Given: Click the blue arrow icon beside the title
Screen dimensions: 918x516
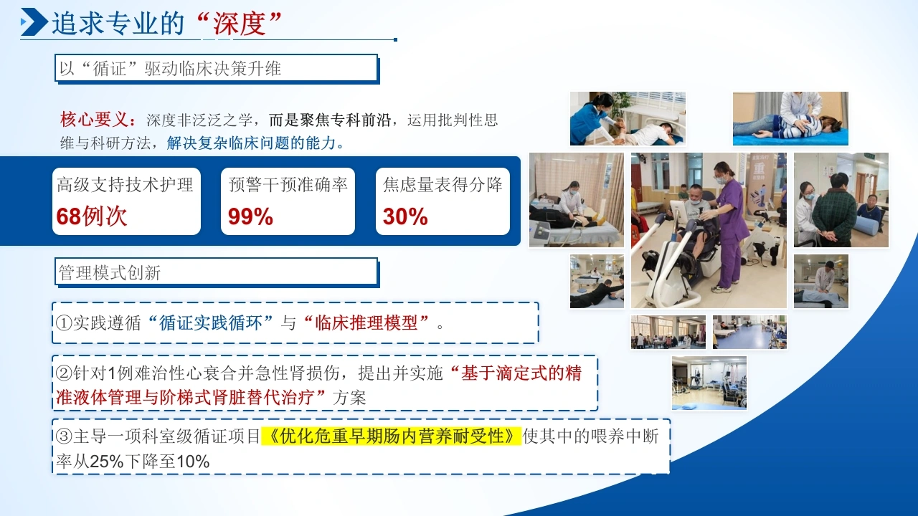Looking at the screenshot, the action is click(34, 21).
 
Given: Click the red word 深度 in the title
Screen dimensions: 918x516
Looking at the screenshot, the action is click(240, 24).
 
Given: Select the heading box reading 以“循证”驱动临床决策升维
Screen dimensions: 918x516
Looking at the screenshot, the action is click(217, 68).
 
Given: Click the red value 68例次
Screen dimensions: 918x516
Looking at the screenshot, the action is click(92, 216).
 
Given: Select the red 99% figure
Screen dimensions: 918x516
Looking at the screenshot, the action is click(250, 216).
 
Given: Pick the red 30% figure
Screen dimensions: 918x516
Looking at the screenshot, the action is click(405, 216).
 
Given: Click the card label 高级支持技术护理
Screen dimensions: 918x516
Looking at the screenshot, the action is click(125, 185).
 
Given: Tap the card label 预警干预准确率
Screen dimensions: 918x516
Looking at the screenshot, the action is click(288, 185).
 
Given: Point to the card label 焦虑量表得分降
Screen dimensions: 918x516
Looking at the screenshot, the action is click(443, 185).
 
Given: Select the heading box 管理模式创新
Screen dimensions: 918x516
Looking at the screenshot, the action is click(217, 272).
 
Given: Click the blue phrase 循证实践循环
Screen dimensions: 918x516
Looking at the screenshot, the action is click(211, 322).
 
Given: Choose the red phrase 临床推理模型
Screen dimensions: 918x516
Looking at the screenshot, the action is click(366, 322).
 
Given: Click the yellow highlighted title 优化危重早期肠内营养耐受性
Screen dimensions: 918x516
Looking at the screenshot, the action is click(391, 436).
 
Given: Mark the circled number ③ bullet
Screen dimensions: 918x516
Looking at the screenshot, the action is click(64, 436).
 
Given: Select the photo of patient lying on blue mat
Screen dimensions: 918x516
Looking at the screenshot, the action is click(790, 118).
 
